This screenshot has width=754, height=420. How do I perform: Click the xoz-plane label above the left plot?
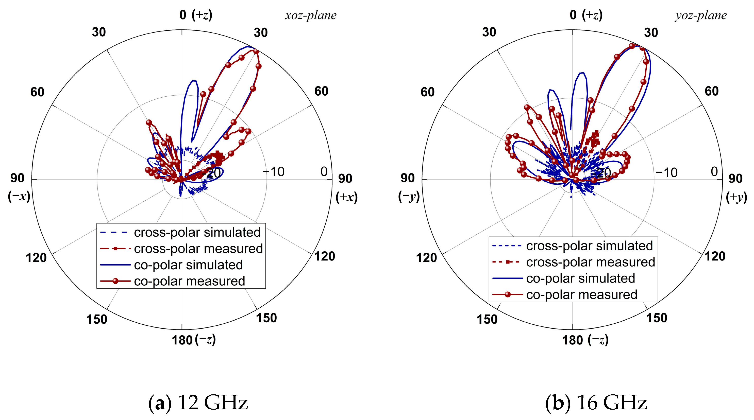point(311,15)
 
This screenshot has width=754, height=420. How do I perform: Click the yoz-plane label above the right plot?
point(701,15)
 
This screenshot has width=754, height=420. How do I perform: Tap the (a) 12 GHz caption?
point(198,403)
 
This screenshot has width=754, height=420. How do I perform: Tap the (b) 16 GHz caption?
point(596,403)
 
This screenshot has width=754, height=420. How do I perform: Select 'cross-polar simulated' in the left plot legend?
point(197,233)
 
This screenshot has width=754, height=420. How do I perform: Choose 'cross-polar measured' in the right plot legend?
point(590,262)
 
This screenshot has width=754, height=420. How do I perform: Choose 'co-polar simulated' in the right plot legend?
point(580,278)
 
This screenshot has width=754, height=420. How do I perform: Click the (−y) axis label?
point(409,197)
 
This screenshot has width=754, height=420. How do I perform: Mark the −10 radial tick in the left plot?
point(273,172)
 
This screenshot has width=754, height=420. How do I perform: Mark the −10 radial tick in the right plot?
point(666,172)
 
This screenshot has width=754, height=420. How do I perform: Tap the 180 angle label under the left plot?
point(182,340)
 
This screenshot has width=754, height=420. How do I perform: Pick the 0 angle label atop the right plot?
point(573,15)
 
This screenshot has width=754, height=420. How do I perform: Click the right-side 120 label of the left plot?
point(325,256)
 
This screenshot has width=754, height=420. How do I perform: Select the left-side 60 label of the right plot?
point(428,92)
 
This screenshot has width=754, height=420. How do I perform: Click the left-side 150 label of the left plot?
point(97,319)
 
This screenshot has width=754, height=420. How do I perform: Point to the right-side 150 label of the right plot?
point(657,318)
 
